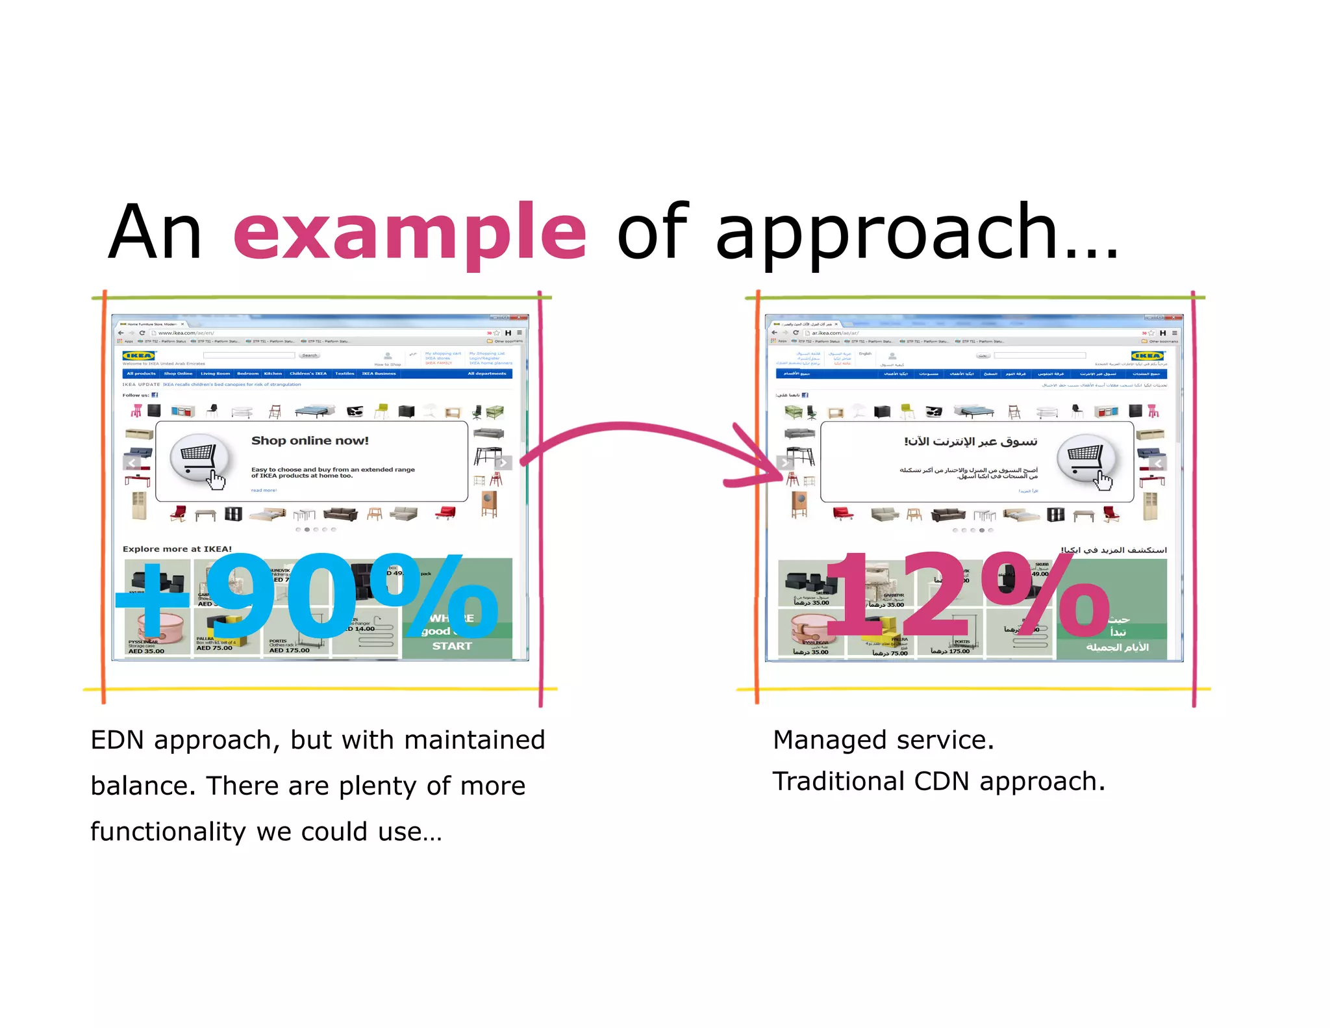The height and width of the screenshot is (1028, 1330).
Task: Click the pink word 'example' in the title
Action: click(409, 232)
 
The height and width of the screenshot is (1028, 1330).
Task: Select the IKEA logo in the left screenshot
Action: click(139, 355)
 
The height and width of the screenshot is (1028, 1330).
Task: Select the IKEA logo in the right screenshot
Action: click(1148, 355)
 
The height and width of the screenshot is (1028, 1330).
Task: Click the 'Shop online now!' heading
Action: click(310, 441)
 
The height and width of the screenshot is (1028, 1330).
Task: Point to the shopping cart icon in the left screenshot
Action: click(199, 457)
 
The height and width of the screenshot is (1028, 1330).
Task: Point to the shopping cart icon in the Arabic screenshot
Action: click(1086, 458)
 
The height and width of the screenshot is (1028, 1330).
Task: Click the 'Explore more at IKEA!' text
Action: click(177, 549)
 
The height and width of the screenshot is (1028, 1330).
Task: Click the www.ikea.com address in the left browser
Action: click(186, 333)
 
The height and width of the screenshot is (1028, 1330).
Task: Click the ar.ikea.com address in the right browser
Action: click(835, 333)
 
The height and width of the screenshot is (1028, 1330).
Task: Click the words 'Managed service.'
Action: click(883, 740)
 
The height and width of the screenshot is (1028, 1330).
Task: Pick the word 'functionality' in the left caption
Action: click(168, 832)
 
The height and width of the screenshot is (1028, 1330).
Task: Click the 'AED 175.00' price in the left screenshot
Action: click(289, 650)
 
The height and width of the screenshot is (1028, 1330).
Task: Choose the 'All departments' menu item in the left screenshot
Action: click(487, 374)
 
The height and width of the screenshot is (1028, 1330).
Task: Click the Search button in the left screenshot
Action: click(309, 355)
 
